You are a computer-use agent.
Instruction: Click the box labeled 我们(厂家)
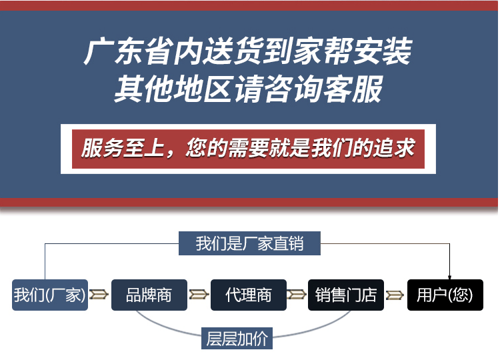(50, 295)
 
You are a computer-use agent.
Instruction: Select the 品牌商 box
(149, 295)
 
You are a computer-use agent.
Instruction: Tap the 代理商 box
(249, 295)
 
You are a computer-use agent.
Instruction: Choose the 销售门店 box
(345, 295)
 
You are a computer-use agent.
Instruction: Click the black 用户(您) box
(445, 295)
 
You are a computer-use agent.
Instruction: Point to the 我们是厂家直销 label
(249, 243)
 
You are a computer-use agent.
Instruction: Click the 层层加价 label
(237, 338)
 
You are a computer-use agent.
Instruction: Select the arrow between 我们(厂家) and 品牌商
(99, 294)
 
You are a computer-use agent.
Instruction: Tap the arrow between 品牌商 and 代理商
(199, 294)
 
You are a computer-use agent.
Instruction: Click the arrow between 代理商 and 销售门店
(297, 294)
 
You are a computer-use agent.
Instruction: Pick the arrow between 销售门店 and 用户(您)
(395, 295)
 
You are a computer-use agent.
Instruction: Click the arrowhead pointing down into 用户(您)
(449, 277)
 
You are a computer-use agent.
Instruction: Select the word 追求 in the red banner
(395, 148)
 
